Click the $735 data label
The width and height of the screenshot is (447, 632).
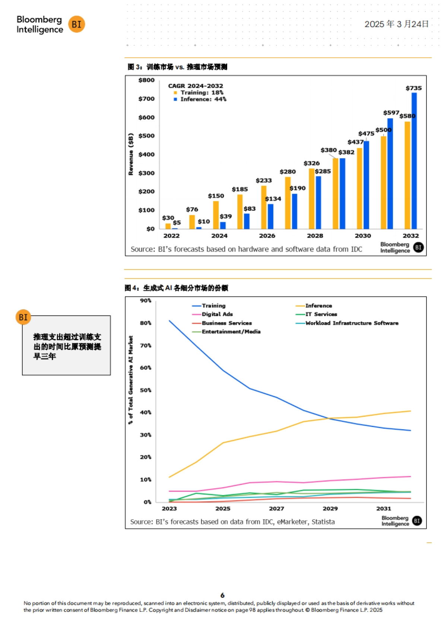pyautogui.click(x=413, y=88)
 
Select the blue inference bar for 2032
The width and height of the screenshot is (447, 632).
pyautogui.click(x=414, y=160)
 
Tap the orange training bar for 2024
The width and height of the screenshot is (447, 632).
pyautogui.click(x=216, y=215)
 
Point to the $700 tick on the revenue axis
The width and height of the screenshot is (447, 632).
pyautogui.click(x=146, y=99)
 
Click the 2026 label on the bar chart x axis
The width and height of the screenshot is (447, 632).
pyautogui.click(x=267, y=236)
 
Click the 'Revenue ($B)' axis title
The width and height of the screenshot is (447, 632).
pyautogui.click(x=131, y=154)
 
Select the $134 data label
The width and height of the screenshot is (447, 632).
pyautogui.click(x=273, y=199)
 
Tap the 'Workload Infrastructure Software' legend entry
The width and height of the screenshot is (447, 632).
pyautogui.click(x=352, y=323)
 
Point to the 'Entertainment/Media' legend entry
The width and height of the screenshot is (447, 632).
pyautogui.click(x=231, y=332)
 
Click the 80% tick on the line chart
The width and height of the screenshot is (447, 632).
pyautogui.click(x=146, y=323)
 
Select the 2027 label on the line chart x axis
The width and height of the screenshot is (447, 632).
pyautogui.click(x=276, y=508)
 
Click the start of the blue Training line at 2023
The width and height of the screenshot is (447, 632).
pyautogui.click(x=169, y=320)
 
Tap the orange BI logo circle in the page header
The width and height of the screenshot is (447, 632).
pyautogui.click(x=77, y=24)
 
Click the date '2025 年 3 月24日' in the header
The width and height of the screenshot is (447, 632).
pyautogui.click(x=396, y=24)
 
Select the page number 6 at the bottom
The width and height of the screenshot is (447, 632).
pyautogui.click(x=222, y=595)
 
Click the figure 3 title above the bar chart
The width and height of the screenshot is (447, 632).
pyautogui.click(x=177, y=67)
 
